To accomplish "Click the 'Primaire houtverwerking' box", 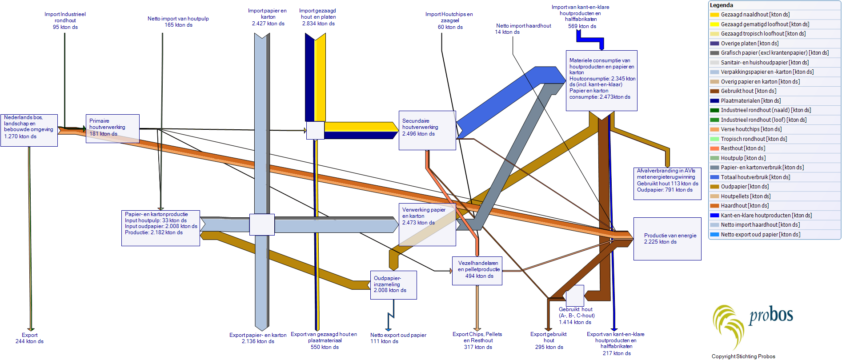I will point(112,128).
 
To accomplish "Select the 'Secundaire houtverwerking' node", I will point(427,130).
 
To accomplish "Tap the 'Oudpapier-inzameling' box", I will point(393,285).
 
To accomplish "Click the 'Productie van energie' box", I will point(667,239).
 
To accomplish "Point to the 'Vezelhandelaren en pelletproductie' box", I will point(477,270).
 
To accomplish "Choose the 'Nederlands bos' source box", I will point(29,130).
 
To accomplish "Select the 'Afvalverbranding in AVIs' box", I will point(667,183).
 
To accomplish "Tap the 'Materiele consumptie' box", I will point(601,80).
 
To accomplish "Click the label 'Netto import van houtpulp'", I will point(178,22).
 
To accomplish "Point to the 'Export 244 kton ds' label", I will point(29,338).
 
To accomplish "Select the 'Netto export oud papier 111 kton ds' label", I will point(398,338).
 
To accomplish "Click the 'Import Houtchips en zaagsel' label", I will point(449,20).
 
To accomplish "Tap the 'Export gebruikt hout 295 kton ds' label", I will point(549,340).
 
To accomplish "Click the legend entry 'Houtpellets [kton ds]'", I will point(745,196).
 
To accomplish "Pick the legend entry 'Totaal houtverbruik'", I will point(755,177).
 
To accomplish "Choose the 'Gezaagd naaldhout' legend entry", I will point(755,15).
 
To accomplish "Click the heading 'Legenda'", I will point(722,5).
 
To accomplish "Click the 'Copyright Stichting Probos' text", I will point(743,356).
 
